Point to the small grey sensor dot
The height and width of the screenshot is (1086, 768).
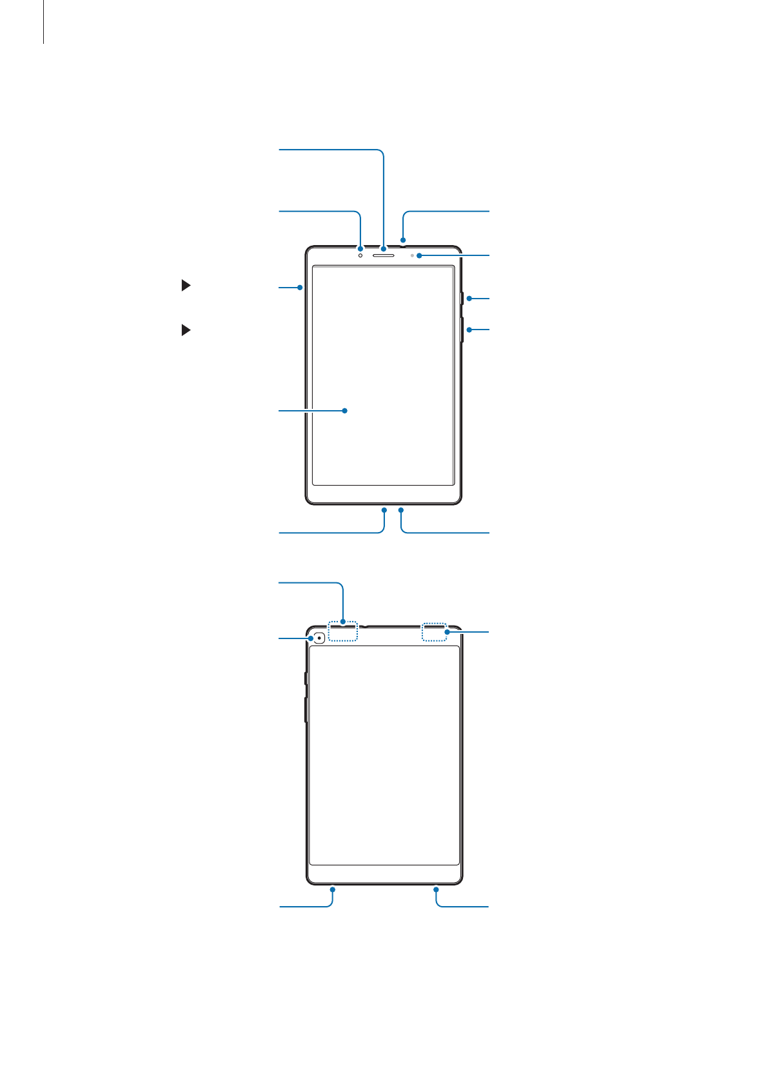pos(412,256)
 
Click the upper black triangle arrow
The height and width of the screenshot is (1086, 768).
pos(186,285)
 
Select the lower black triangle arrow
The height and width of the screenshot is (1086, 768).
pos(186,330)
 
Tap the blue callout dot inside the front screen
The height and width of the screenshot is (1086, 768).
pos(345,410)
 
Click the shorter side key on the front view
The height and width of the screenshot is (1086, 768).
pos(463,299)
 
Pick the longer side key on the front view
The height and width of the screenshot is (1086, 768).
pos(463,329)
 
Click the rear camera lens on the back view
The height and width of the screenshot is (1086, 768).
pos(319,638)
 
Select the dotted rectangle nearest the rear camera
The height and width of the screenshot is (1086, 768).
pos(343,632)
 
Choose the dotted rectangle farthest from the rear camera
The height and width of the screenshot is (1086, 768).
pos(434,632)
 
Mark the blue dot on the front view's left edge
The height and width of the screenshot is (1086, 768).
pos(300,287)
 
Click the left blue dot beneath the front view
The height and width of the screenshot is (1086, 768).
pos(384,509)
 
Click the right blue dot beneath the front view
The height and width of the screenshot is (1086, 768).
pos(401,509)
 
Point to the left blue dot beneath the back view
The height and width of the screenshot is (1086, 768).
pos(333,889)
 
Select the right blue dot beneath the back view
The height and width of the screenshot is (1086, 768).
pos(437,889)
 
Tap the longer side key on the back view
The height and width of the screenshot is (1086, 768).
pos(306,709)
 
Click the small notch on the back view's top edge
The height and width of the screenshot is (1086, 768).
pos(364,626)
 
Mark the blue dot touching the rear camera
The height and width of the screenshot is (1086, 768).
pos(311,638)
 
